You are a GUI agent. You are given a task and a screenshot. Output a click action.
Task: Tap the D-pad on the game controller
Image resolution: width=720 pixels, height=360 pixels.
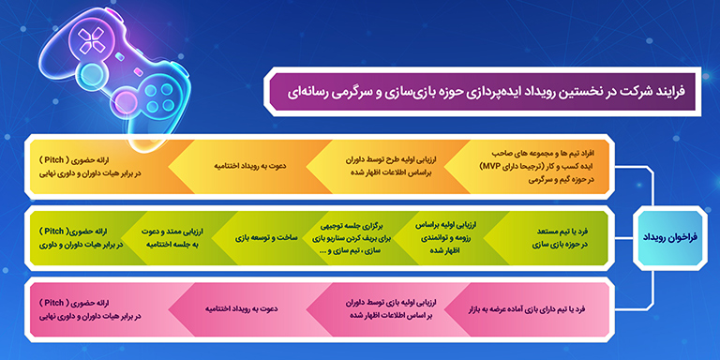pos(94,38)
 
